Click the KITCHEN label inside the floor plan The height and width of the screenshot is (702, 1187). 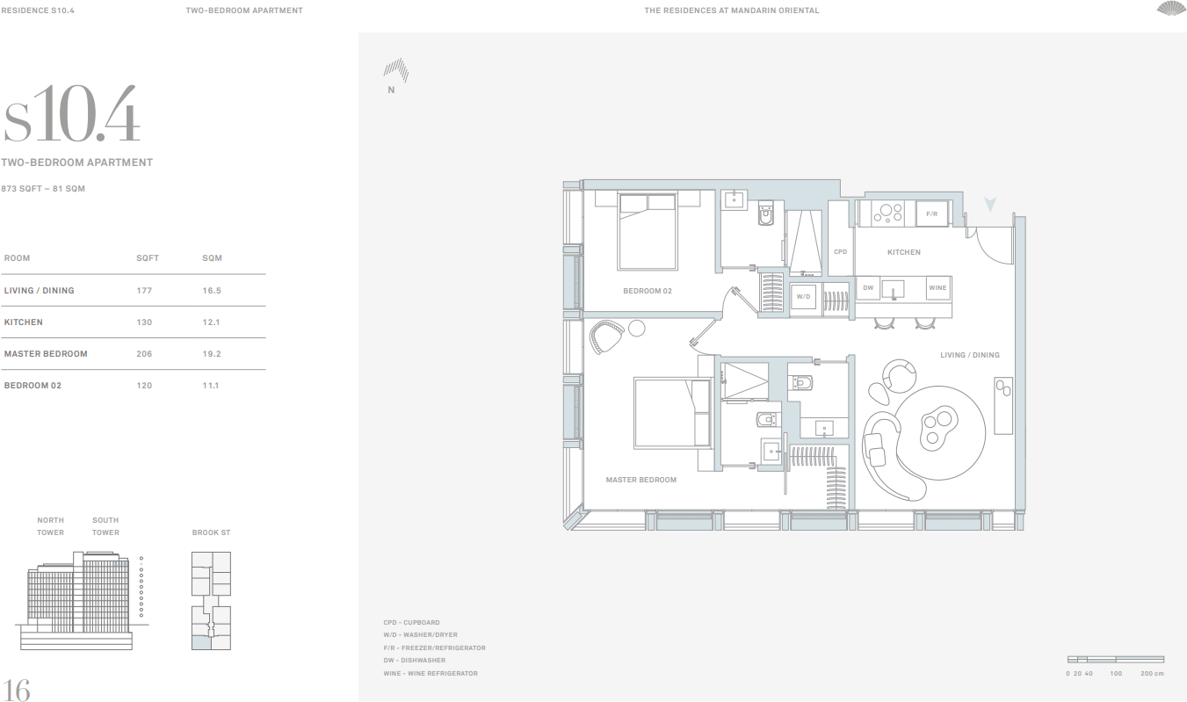pos(903,252)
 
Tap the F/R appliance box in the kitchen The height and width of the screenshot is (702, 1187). pos(931,213)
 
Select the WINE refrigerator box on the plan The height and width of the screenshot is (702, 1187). pos(937,287)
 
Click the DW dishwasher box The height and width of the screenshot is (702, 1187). pos(868,287)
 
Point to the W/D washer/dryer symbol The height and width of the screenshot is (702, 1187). pos(804,297)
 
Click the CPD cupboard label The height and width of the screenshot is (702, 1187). pos(840,252)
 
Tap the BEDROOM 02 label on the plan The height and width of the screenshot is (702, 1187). pos(648,291)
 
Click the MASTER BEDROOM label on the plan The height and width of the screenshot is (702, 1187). pos(641,480)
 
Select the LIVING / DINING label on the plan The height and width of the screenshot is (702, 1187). pos(970,355)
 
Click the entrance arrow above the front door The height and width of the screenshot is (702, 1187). pos(990,205)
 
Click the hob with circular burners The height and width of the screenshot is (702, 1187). pos(888,213)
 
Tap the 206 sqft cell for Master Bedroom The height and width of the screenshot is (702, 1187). pos(145,354)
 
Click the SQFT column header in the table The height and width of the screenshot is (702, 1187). pos(148,258)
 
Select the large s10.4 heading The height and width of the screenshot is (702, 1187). pos(72,115)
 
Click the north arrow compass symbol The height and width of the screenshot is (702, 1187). pos(395,70)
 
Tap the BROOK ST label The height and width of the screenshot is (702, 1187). pos(211,532)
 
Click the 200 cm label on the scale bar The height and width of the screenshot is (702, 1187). pos(1152,674)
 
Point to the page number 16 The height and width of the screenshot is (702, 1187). pos(17,690)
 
